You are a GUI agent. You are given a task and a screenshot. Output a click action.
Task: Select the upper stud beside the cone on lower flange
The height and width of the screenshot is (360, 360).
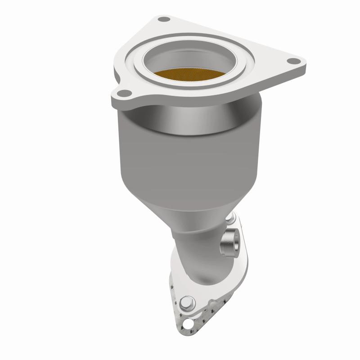232,219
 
